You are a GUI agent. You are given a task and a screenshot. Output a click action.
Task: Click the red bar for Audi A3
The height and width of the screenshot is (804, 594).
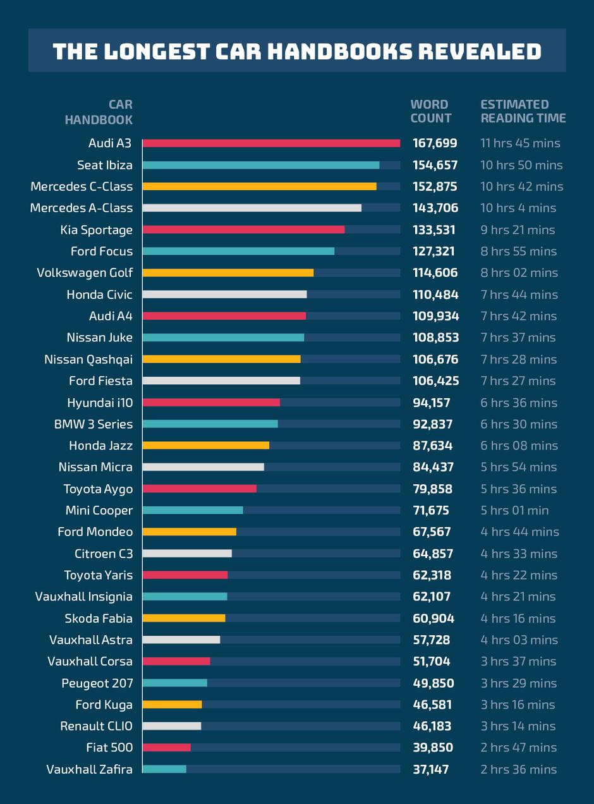(x=271, y=143)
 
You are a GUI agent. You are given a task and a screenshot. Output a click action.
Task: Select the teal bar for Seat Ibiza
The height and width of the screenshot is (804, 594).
(x=261, y=165)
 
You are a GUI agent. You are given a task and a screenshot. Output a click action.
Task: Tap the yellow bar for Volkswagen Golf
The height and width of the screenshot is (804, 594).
(x=228, y=273)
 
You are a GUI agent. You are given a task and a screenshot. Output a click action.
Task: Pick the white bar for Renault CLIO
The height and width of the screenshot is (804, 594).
(x=172, y=726)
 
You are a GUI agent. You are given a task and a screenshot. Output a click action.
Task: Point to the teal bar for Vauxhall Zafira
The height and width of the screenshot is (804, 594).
(x=164, y=769)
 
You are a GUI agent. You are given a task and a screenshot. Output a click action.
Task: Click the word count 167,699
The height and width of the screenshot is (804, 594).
(x=435, y=143)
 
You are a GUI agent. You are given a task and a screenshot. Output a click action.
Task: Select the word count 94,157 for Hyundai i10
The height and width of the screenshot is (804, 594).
(x=432, y=403)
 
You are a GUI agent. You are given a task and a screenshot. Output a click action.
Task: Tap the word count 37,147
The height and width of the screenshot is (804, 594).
(x=431, y=769)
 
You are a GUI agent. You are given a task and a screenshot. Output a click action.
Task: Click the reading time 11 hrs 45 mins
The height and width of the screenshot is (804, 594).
(x=520, y=143)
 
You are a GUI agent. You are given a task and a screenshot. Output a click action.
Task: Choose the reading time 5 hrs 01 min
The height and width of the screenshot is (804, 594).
(x=514, y=511)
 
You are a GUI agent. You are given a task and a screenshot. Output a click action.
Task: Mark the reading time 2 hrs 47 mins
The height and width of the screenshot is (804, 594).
(x=518, y=748)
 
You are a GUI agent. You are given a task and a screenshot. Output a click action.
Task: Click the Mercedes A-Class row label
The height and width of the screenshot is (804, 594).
(x=82, y=208)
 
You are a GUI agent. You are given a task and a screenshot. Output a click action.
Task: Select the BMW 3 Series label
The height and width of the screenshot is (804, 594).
(x=94, y=424)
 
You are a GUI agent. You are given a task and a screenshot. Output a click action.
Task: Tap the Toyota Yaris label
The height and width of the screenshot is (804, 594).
(x=99, y=575)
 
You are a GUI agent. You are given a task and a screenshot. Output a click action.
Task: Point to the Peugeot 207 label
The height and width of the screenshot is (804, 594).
(x=97, y=683)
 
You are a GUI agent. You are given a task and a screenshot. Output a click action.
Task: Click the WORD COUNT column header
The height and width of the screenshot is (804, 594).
(x=431, y=111)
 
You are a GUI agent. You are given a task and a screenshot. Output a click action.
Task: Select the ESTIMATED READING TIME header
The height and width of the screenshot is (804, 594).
(x=523, y=111)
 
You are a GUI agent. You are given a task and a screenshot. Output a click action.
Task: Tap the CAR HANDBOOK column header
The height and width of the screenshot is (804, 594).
(x=99, y=111)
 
